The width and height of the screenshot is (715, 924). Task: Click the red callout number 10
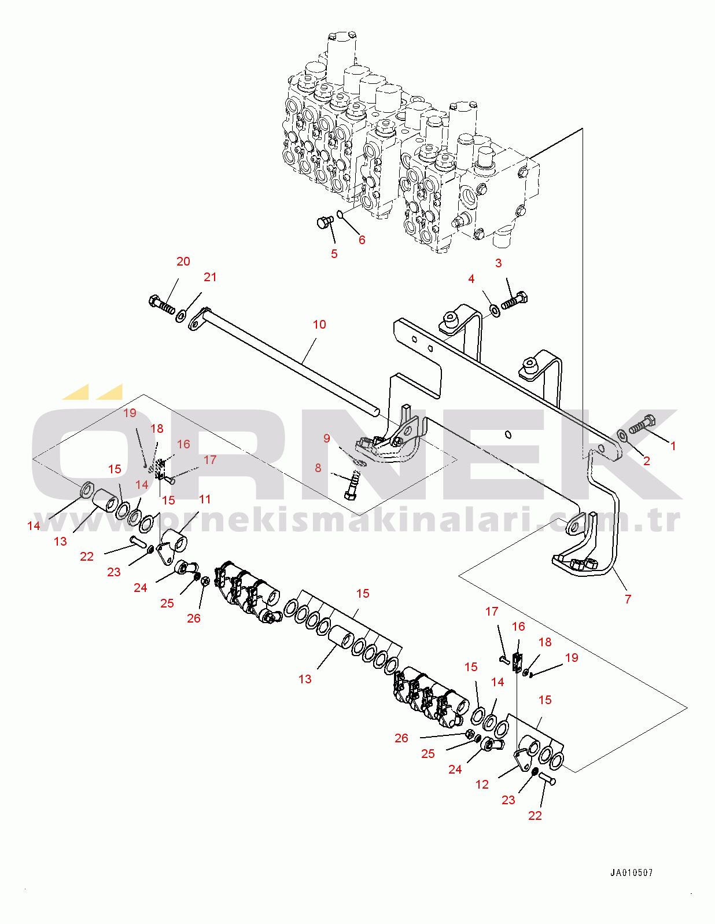(x=319, y=325)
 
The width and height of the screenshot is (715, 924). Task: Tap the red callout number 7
(x=628, y=599)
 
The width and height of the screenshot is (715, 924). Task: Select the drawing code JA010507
(x=631, y=873)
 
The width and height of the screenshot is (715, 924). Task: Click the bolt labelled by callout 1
(x=642, y=425)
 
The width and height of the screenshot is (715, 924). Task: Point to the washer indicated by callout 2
(x=622, y=435)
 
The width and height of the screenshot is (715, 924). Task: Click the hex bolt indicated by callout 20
(x=162, y=304)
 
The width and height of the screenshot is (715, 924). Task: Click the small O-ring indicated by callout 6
(x=341, y=215)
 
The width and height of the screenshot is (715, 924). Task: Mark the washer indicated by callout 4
(x=495, y=311)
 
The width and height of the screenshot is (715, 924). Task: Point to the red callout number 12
(x=482, y=785)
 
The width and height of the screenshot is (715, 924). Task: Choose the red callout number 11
(x=205, y=499)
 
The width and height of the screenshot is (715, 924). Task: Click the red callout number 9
(x=327, y=439)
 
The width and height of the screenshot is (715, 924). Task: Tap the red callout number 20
(x=183, y=262)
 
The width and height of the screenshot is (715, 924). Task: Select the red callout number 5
(x=334, y=254)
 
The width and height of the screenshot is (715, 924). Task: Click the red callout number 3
(x=499, y=263)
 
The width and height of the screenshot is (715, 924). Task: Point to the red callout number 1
(x=673, y=446)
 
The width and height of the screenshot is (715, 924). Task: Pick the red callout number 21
(x=210, y=277)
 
